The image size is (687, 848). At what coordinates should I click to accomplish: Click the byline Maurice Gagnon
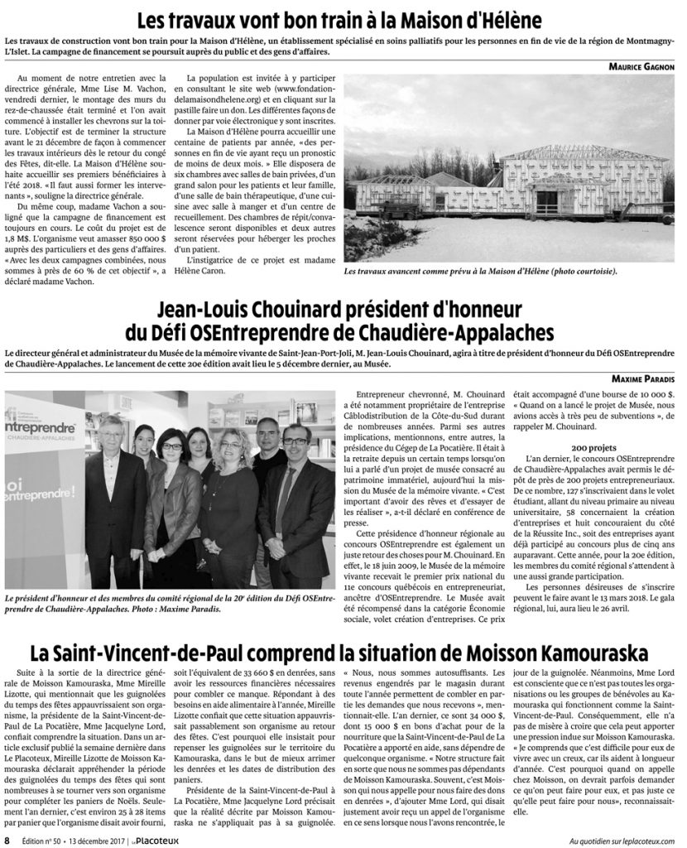(639, 66)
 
